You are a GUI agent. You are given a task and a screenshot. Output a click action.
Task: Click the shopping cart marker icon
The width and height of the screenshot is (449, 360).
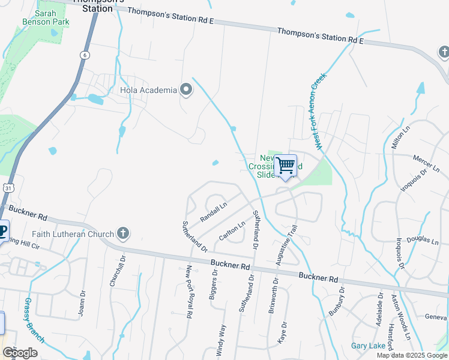click(x=286, y=165)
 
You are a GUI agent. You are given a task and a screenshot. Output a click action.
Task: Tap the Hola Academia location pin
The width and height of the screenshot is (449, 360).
click(x=186, y=90)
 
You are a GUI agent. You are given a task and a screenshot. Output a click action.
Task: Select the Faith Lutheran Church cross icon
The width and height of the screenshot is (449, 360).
click(x=123, y=233)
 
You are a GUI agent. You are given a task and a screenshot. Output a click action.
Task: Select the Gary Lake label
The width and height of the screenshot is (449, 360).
click(x=369, y=346)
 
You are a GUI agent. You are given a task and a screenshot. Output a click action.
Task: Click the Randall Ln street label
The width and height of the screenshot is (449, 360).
click(x=214, y=211)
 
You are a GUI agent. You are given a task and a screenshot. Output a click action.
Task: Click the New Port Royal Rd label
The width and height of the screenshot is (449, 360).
click(x=189, y=291)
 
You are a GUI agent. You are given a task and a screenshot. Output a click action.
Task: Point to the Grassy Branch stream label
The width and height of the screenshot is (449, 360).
click(x=35, y=320)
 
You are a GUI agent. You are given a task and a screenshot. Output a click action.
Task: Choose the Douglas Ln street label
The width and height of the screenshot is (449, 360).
click(x=423, y=241)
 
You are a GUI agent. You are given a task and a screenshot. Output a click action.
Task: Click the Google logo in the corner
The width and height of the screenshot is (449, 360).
click(x=20, y=353)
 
